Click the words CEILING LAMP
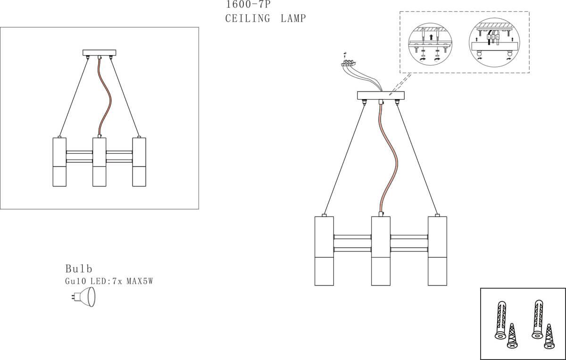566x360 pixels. point(266,19)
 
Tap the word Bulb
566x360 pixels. point(79,269)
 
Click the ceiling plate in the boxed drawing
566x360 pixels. point(99,53)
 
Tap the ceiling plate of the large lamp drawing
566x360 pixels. point(381,96)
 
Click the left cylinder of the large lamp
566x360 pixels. point(324,251)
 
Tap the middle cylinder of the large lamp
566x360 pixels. point(381,251)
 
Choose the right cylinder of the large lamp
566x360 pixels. point(437,251)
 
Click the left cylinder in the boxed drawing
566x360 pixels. point(59,162)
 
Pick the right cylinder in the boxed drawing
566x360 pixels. point(139,162)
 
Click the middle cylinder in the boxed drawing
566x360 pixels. point(99,162)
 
